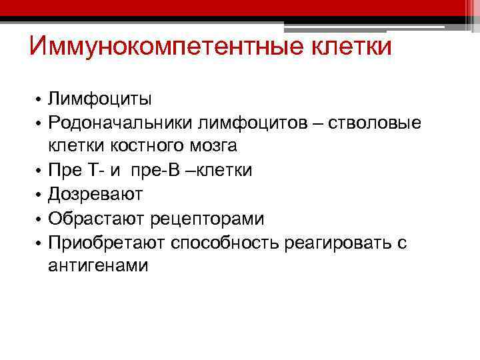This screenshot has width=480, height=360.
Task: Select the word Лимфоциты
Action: click(100, 99)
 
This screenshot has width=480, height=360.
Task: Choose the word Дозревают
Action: click(95, 195)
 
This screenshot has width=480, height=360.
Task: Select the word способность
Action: click(226, 243)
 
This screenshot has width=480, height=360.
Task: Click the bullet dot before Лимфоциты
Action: click(39, 100)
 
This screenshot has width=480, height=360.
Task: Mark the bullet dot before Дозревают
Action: click(39, 195)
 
